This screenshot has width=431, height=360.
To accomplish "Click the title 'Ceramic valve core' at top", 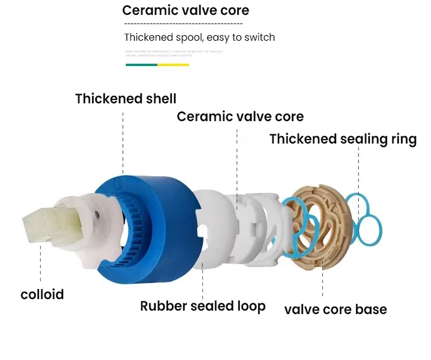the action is (x=186, y=11).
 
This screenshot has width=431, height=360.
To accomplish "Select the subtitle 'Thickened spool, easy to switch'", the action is (x=199, y=37).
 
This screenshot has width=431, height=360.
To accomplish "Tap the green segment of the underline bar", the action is (x=141, y=65).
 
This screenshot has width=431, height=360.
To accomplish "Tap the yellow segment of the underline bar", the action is (x=173, y=65).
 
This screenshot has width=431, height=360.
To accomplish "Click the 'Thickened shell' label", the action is (x=126, y=99).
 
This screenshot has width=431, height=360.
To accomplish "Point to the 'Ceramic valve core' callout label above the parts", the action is (x=240, y=117).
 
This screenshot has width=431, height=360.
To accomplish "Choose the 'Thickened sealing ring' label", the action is (x=343, y=139).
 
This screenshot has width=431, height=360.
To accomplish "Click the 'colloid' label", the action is (x=42, y=295).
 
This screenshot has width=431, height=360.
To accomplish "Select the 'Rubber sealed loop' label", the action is (x=203, y=306).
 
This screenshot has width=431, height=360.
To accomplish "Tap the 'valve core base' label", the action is (x=335, y=309).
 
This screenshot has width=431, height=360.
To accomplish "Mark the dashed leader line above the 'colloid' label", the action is (x=41, y=264).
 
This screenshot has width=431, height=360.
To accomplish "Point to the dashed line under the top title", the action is (x=183, y=24).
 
